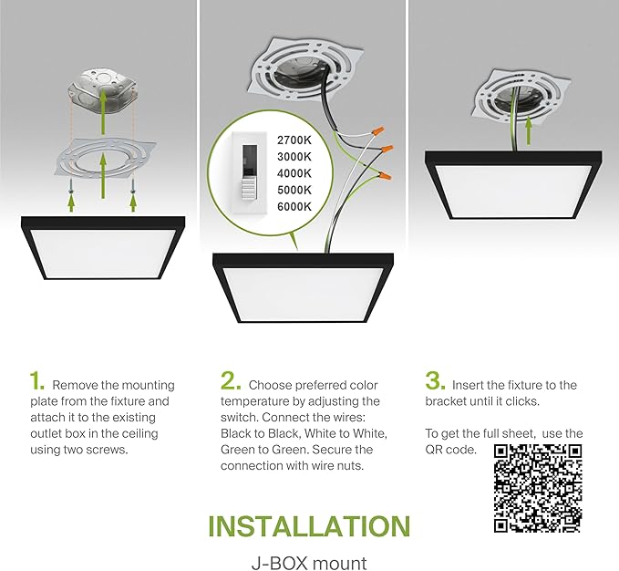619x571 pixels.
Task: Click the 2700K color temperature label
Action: click(294, 140)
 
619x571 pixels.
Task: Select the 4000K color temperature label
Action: click(294, 172)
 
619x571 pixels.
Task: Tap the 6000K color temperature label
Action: click(294, 206)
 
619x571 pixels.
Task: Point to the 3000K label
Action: click(294, 156)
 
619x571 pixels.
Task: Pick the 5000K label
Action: click(294, 190)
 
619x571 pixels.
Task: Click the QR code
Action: click(538, 488)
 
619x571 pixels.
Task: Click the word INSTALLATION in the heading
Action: click(309, 526)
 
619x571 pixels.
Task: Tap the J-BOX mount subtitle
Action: click(309, 563)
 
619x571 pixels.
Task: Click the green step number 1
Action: click(36, 381)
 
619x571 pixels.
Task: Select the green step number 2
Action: click(230, 381)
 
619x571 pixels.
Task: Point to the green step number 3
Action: click(435, 381)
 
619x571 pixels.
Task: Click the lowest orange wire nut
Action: click(388, 172)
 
